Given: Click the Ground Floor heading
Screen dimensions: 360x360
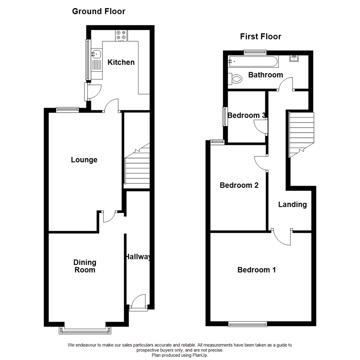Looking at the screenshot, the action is click(x=99, y=11).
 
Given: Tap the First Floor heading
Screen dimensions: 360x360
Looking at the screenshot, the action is click(x=261, y=37).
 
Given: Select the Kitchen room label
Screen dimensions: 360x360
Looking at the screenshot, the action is click(x=121, y=62).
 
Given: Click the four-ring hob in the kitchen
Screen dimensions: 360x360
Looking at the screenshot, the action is click(x=121, y=36).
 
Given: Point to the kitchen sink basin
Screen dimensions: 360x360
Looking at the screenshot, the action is click(x=96, y=54).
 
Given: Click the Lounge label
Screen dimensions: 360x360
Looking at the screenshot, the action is click(x=84, y=160).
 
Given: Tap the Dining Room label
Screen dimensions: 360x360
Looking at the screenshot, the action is click(x=85, y=266).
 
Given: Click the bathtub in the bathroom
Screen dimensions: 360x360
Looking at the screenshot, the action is click(x=253, y=61).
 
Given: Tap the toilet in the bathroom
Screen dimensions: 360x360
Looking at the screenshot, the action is click(x=235, y=79).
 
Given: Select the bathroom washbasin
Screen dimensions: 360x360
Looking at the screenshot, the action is click(x=294, y=58).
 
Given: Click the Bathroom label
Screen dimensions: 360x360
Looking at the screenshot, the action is click(x=266, y=75).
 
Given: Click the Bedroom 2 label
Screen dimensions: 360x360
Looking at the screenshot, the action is click(x=239, y=185).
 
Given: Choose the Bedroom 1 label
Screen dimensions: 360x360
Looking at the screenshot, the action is click(x=256, y=270).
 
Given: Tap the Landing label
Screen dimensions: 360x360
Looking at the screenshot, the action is click(x=293, y=205).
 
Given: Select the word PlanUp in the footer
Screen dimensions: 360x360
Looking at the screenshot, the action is click(x=200, y=355).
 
